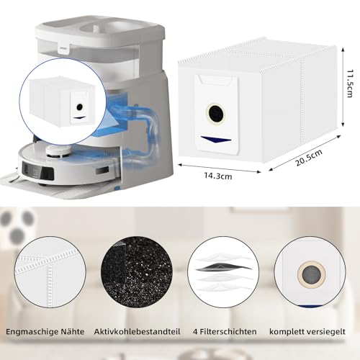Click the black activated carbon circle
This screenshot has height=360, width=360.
tap(134, 267)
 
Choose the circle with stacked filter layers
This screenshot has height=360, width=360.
tap(223, 267)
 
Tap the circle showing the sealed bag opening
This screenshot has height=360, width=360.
tap(310, 267)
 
